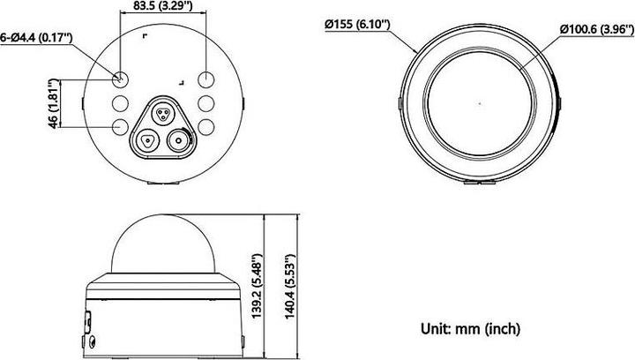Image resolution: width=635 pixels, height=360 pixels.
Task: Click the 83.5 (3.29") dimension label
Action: pyautogui.click(x=163, y=7)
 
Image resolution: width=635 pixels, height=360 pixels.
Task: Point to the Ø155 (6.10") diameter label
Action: pyautogui.click(x=356, y=25)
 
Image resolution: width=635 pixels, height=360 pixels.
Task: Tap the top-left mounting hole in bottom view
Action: pyautogui.click(x=122, y=78)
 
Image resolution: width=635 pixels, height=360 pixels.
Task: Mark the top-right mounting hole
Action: pyautogui.click(x=207, y=78)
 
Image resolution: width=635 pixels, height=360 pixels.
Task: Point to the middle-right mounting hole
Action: pyautogui.click(x=207, y=102)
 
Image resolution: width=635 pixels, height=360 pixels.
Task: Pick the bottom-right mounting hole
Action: pyautogui.click(x=207, y=127)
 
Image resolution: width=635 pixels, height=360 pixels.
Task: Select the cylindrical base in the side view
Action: pyautogui.click(x=165, y=313)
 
